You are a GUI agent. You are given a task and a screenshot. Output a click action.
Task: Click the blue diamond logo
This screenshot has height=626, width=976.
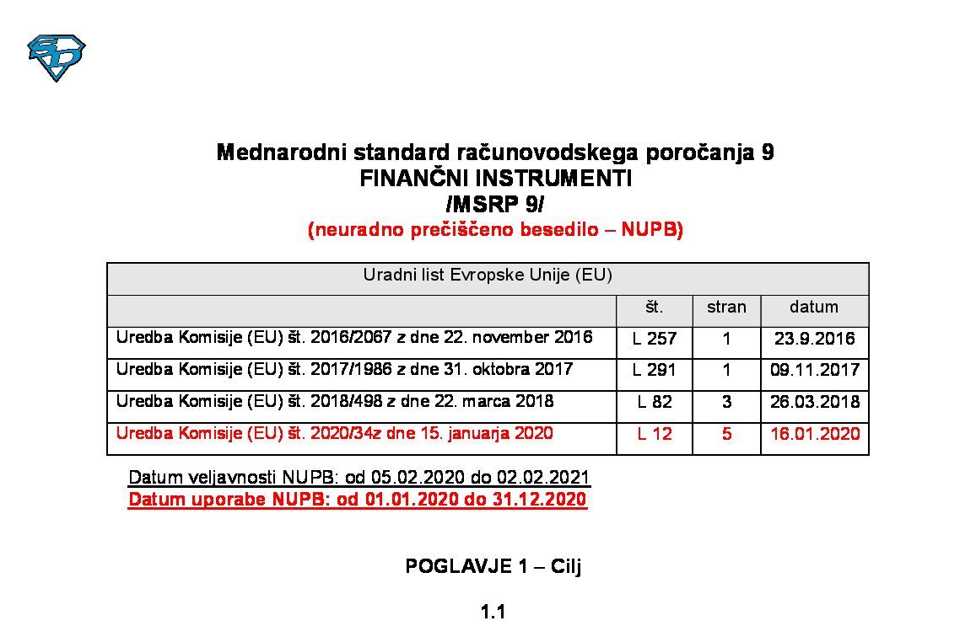[x=57, y=57]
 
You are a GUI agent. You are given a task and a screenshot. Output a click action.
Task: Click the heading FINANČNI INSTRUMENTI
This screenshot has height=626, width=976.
[x=495, y=179]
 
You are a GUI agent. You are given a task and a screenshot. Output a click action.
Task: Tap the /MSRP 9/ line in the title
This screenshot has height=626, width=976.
[x=495, y=204]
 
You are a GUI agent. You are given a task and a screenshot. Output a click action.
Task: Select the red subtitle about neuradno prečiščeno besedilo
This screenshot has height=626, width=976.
[x=495, y=230]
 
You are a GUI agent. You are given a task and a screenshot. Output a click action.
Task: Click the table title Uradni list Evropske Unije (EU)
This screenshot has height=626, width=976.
[x=488, y=276]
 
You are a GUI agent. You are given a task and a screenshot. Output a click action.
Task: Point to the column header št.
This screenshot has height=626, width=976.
[x=654, y=308]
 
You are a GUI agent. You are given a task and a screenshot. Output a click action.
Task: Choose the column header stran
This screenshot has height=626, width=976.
[x=726, y=308]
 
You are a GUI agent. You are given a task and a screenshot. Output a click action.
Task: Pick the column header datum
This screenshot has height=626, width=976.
[x=814, y=308]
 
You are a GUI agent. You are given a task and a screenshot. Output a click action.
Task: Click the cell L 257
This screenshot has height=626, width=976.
[x=655, y=339]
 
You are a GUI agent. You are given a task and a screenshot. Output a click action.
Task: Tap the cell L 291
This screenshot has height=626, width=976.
[x=655, y=370]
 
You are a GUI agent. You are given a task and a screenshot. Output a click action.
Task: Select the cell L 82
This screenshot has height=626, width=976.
[x=655, y=402]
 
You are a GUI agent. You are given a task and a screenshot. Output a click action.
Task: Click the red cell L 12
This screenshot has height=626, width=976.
[x=655, y=434]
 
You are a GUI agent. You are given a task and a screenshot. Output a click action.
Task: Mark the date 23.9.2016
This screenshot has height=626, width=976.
[x=814, y=339]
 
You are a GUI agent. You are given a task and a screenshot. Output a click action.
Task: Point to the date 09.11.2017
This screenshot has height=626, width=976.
[x=815, y=370]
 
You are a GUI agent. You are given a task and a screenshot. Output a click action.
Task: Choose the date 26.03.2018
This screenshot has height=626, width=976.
[x=815, y=402]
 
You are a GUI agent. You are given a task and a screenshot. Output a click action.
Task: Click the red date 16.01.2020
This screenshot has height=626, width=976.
[x=815, y=434]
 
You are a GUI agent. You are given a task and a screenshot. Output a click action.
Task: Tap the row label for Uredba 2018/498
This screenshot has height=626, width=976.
[x=335, y=401]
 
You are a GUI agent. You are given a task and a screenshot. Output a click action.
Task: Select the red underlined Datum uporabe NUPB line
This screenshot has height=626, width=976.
[x=358, y=500]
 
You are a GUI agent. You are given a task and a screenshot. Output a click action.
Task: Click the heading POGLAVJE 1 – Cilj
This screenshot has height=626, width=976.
[x=493, y=566]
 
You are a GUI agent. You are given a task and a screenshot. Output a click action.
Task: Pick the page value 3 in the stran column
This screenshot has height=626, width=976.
[x=726, y=402]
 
